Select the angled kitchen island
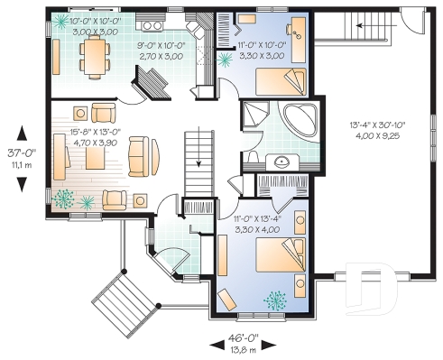coord(150,86)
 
